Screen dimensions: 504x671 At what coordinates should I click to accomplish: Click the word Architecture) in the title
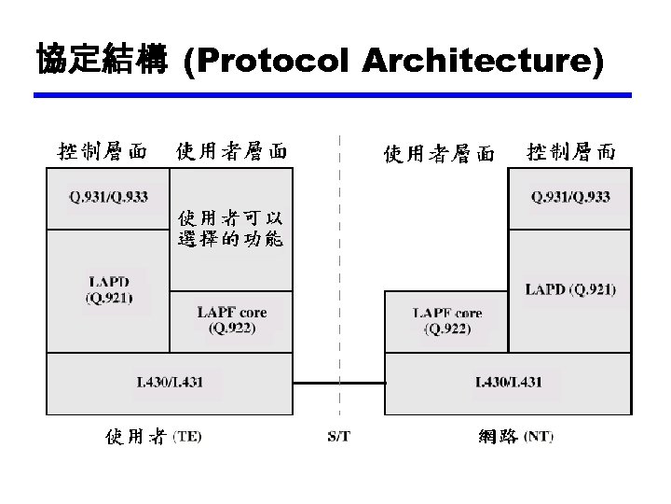tap(481, 63)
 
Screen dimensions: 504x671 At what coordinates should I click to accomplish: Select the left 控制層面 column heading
tap(103, 150)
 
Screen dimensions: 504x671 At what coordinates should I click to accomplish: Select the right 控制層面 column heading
tap(571, 150)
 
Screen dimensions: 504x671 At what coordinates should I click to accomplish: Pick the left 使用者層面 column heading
tap(230, 150)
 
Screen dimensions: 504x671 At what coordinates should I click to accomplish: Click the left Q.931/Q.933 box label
tap(108, 196)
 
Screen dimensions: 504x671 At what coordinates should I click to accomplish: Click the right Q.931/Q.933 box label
tap(570, 196)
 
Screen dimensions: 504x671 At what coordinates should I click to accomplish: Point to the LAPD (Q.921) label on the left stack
tap(109, 289)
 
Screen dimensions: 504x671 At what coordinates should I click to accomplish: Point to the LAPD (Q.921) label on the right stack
tap(570, 289)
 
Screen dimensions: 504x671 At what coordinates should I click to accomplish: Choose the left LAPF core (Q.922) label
tap(231, 320)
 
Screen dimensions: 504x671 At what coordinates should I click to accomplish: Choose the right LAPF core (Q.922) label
tap(447, 320)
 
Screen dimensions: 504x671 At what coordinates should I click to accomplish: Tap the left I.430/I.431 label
tap(170, 382)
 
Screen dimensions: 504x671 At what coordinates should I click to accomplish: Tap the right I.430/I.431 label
tap(509, 382)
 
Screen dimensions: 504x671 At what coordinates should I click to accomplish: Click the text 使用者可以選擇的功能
tap(230, 229)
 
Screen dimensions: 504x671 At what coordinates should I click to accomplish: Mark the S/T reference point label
tap(339, 437)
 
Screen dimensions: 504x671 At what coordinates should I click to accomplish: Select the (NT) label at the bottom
tap(538, 437)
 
